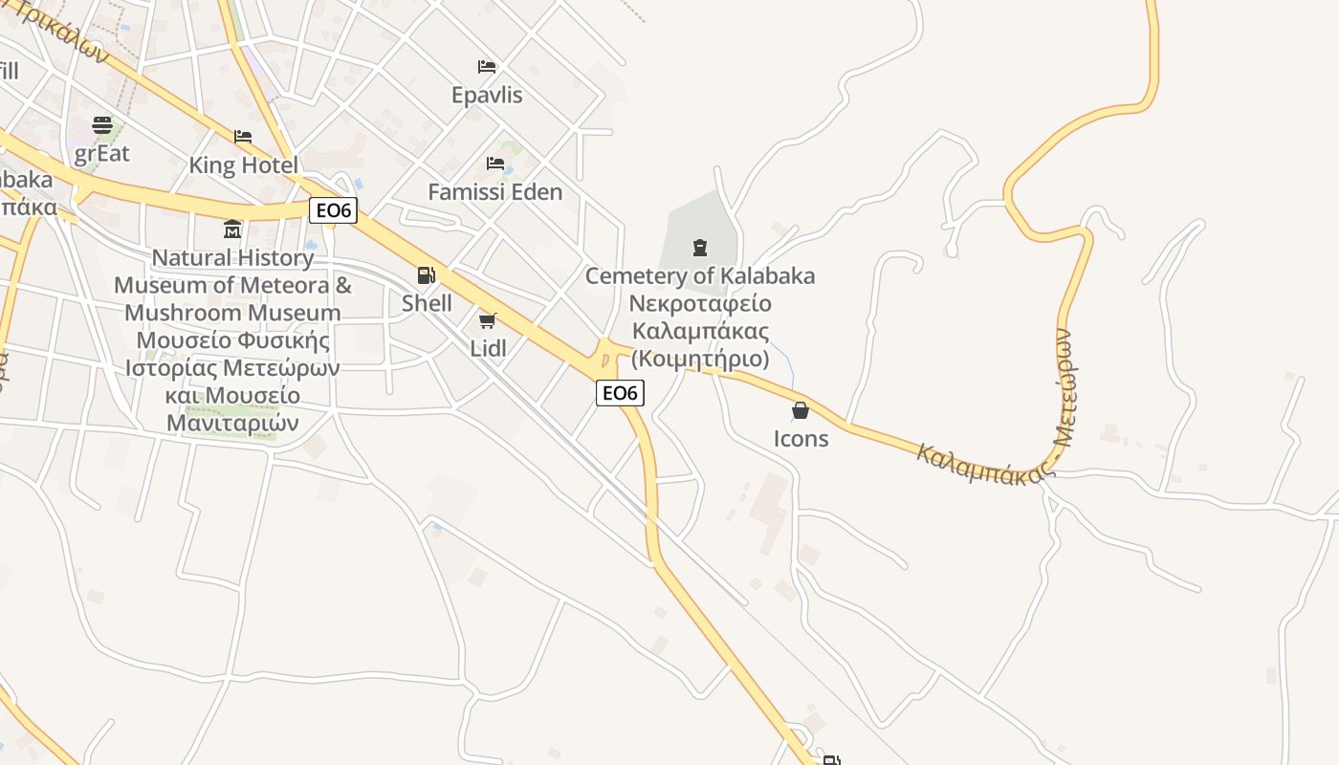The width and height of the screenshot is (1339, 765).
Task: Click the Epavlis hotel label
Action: (487, 96)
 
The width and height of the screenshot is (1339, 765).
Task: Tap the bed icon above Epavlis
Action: (487, 67)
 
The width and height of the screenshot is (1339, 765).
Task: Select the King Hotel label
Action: (243, 165)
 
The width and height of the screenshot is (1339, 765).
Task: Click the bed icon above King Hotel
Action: (243, 137)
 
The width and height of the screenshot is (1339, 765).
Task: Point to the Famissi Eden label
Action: (494, 192)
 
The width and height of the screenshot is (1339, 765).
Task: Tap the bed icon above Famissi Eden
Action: (494, 164)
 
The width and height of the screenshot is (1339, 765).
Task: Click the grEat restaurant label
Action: (101, 153)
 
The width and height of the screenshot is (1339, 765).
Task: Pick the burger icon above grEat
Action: (102, 125)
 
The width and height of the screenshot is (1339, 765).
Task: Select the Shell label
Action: (427, 303)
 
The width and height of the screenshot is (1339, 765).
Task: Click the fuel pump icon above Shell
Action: (427, 275)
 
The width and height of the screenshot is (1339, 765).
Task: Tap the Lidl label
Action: (488, 348)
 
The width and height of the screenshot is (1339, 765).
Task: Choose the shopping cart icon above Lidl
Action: (488, 320)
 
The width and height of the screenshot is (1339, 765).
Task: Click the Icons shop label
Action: (801, 439)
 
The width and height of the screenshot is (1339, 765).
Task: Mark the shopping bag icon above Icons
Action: (801, 411)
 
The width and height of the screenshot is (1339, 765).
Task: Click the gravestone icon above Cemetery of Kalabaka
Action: (700, 248)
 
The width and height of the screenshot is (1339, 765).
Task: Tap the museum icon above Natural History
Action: (232, 229)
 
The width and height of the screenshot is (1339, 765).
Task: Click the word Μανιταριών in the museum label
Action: (232, 423)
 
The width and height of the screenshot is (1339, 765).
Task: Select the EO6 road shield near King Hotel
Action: (333, 210)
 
